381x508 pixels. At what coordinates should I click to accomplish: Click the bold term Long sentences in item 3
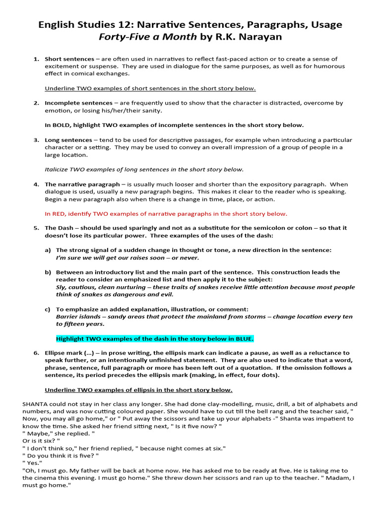click(68, 140)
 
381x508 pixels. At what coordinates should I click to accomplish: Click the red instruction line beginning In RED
click(166, 214)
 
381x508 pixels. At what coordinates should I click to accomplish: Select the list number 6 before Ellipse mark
click(36, 353)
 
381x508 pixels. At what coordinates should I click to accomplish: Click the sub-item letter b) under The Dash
click(48, 272)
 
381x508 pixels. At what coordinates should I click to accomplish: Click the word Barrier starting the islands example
click(67, 317)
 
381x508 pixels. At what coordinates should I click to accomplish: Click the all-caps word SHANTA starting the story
click(35, 404)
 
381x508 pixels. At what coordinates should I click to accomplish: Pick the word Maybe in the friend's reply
click(38, 434)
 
